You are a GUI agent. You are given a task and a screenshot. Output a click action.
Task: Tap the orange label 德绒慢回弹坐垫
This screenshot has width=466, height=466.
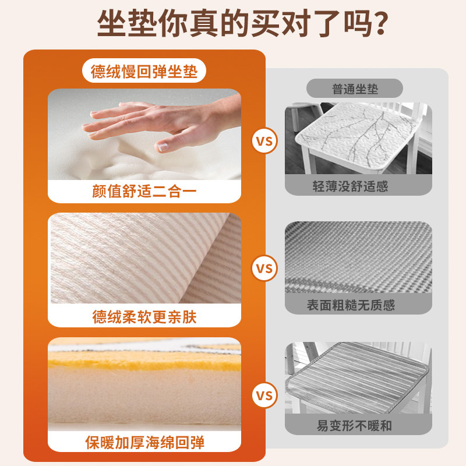(x=144, y=72)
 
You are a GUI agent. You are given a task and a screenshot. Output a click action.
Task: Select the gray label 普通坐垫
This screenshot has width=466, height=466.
(x=355, y=89)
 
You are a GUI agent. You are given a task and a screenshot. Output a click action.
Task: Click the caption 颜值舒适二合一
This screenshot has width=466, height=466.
(x=144, y=191)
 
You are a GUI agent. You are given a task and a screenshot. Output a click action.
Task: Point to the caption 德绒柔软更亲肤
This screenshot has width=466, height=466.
(x=144, y=316)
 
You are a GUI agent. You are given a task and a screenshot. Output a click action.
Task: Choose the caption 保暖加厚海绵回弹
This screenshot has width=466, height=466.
(x=144, y=442)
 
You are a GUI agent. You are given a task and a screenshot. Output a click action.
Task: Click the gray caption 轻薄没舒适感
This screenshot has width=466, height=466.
(x=358, y=186)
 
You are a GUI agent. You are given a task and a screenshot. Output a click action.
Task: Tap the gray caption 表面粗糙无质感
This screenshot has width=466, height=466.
(x=358, y=305)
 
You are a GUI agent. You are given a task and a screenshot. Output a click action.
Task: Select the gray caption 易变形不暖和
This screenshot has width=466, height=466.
(x=358, y=425)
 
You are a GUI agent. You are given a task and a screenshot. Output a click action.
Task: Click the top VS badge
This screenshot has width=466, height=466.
(x=264, y=141)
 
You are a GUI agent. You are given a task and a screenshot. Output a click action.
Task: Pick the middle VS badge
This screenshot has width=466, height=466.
(x=264, y=269)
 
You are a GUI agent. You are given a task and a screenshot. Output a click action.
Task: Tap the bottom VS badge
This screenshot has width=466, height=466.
(x=264, y=396)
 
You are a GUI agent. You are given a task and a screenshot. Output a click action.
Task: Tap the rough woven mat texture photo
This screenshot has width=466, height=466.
(x=358, y=256)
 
